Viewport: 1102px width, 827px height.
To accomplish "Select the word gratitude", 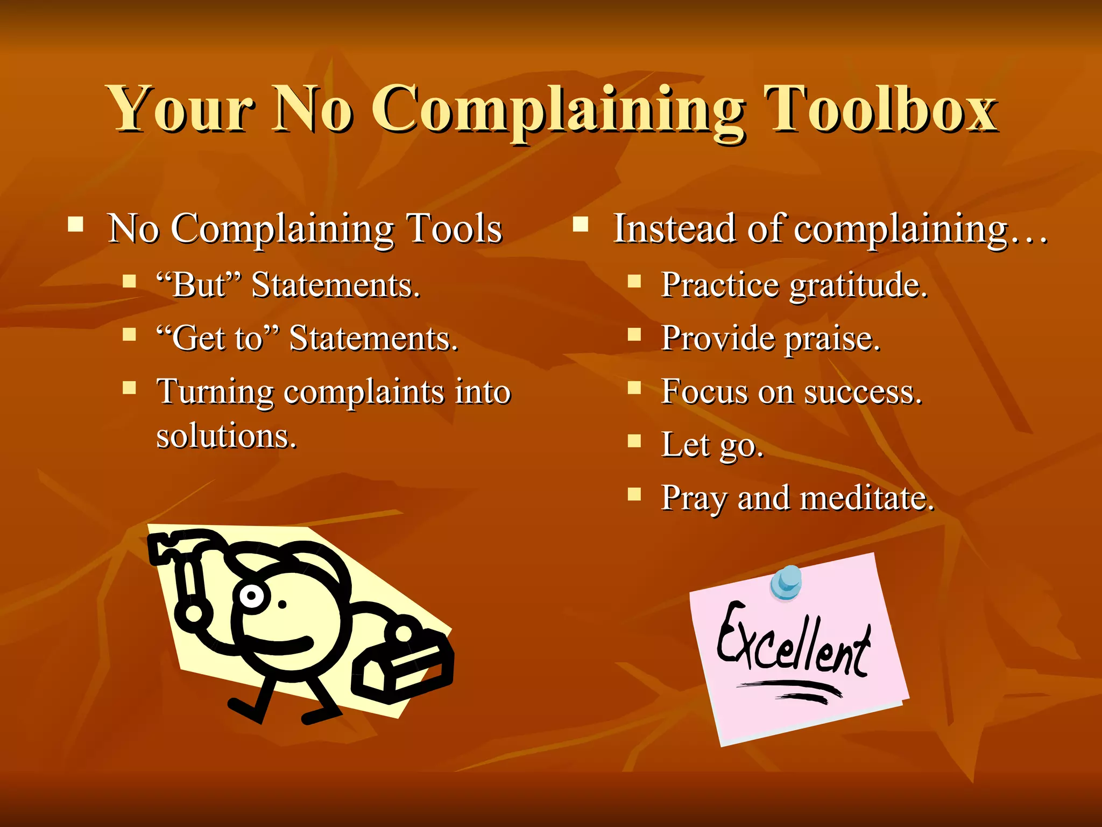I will (x=858, y=285).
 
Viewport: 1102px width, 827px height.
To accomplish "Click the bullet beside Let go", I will (x=635, y=441).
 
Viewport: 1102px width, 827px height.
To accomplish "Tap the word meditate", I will (x=867, y=497).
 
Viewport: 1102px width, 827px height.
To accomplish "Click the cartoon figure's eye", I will (x=251, y=595).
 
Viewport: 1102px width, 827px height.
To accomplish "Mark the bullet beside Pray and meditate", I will (x=635, y=494).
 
